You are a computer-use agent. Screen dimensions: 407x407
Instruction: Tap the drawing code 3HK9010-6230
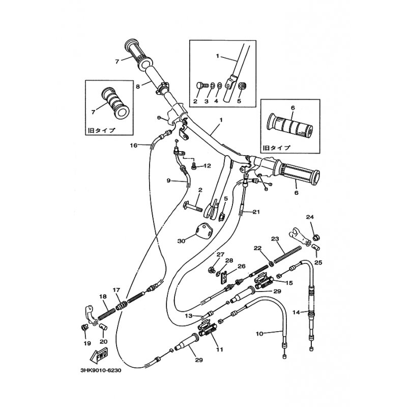pos(101,370)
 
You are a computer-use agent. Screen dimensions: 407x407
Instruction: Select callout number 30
pos(182,241)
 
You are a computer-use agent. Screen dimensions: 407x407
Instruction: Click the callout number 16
pos(133,146)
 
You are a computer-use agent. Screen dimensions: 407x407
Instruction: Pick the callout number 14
pos(296,312)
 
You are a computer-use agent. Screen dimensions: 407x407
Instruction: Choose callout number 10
pos(259,334)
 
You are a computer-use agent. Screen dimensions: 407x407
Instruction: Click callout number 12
pos(208,166)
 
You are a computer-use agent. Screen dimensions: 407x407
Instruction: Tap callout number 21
pos(256,212)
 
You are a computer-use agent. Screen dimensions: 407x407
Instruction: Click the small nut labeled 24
pos(316,237)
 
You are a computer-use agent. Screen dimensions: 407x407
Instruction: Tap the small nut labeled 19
pos(84,327)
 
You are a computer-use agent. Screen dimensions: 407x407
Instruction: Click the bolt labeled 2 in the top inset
pos(202,85)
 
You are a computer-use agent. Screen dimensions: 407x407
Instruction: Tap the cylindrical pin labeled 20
pos(103,327)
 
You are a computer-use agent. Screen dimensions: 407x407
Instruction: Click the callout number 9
pos(169,181)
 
